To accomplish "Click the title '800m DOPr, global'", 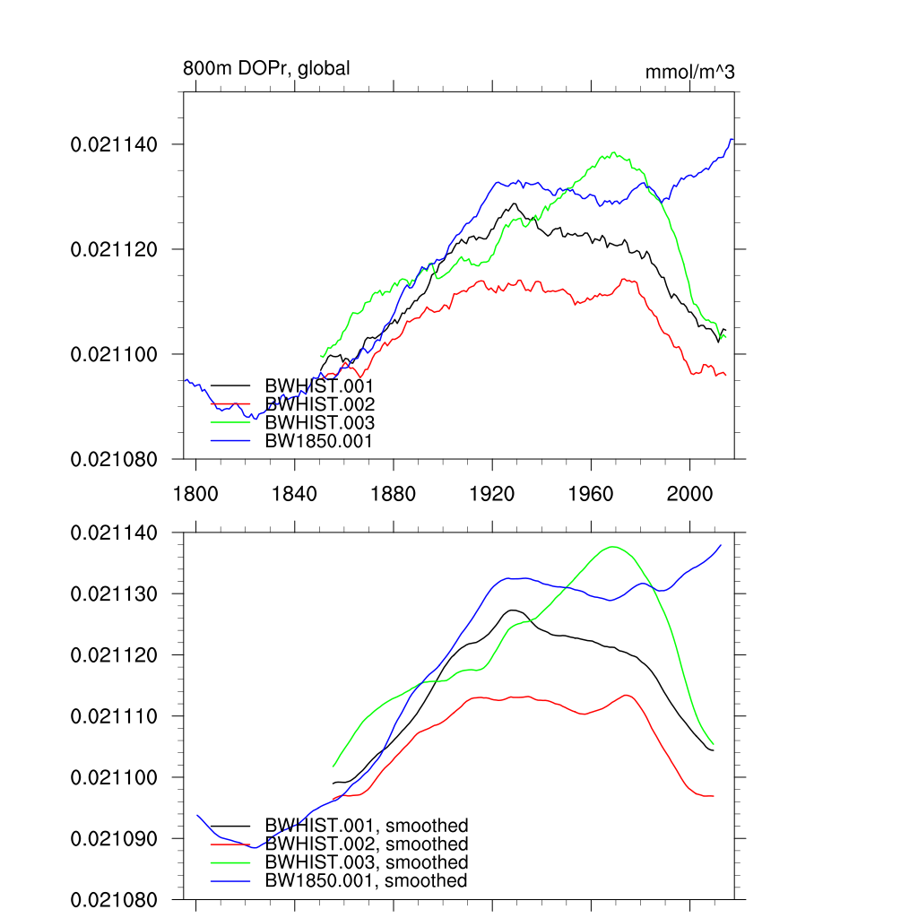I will (x=266, y=68).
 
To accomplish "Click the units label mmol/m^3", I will (x=689, y=72).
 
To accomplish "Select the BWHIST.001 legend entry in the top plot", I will (x=319, y=385).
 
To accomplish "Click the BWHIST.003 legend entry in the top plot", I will (x=319, y=422).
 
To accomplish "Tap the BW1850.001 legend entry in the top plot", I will (x=318, y=441).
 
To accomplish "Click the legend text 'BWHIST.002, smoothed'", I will (x=367, y=844).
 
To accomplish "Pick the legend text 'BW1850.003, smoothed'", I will (x=367, y=862).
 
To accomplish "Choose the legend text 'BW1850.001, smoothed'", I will (x=366, y=881).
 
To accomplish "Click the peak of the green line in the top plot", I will (x=613, y=152).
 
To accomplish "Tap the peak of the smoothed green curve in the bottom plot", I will (x=613, y=547).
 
